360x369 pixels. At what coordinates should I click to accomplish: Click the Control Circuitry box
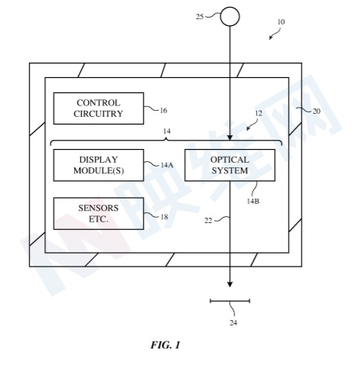tap(99, 108)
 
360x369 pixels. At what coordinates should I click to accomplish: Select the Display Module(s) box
tap(99, 165)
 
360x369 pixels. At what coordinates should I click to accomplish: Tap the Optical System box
tap(230, 165)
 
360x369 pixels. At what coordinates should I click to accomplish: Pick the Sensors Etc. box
tap(99, 213)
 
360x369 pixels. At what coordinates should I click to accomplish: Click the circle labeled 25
tap(230, 17)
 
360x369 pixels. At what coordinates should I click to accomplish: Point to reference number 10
tap(281, 22)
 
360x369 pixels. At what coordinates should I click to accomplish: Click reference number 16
tap(164, 111)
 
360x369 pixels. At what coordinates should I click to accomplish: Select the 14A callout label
tap(167, 165)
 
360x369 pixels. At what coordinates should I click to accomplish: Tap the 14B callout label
tap(253, 201)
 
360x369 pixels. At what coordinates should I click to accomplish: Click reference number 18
tap(164, 217)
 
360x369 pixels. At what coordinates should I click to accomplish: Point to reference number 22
tap(208, 221)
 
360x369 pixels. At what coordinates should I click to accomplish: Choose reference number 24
tap(233, 323)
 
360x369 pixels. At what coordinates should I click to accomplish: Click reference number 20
tap(316, 112)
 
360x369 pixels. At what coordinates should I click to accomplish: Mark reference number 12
tap(258, 113)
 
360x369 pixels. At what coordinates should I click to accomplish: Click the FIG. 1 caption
tap(165, 345)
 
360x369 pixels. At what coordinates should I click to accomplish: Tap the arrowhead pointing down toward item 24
tap(230, 285)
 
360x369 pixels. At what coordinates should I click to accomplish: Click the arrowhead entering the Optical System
tap(230, 138)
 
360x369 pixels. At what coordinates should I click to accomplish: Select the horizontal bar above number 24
tap(230, 301)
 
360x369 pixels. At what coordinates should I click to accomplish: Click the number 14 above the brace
tap(167, 131)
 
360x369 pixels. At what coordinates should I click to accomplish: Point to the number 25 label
tap(199, 17)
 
